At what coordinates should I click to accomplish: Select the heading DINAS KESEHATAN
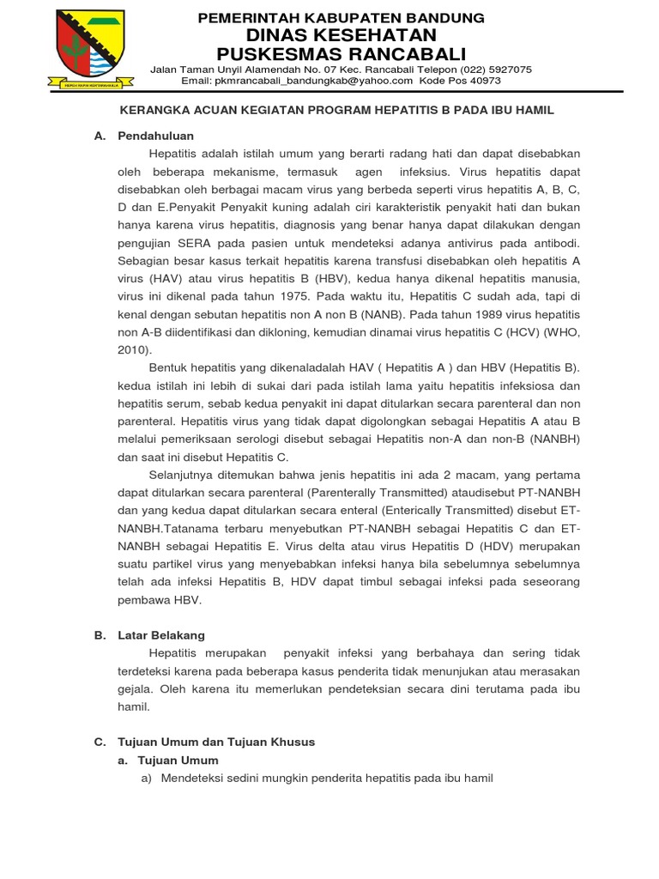342,34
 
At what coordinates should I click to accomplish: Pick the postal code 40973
484,81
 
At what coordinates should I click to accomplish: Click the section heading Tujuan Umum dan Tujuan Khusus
216,742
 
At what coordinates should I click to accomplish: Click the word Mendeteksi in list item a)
192,778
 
